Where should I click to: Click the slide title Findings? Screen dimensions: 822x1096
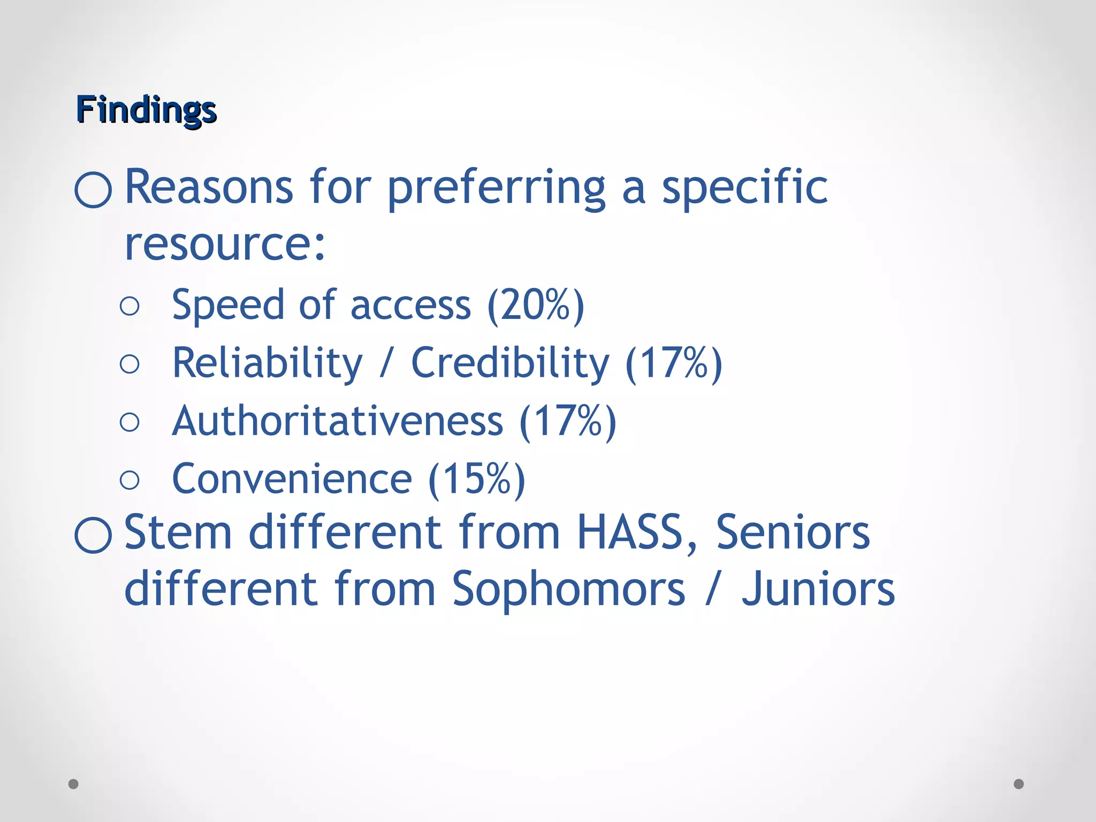coord(146,110)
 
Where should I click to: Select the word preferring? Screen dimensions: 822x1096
coord(496,188)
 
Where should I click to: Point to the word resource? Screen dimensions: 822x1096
coord(225,244)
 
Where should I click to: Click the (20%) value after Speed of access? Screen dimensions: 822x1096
coord(536,306)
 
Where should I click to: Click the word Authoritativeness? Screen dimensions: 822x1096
coord(338,422)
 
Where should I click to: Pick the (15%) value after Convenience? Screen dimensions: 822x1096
coord(477,479)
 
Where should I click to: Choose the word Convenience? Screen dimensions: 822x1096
coord(292,479)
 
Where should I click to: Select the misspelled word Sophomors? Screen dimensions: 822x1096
coord(569,590)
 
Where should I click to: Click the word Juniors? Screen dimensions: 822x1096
coord(818,590)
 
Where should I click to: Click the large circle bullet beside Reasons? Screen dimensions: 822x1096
coord(93,189)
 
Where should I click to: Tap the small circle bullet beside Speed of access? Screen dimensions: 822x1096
coord(130,306)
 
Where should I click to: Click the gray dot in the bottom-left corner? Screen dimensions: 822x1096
coord(74,784)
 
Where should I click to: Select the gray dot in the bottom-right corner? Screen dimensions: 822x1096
coord(1019,784)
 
